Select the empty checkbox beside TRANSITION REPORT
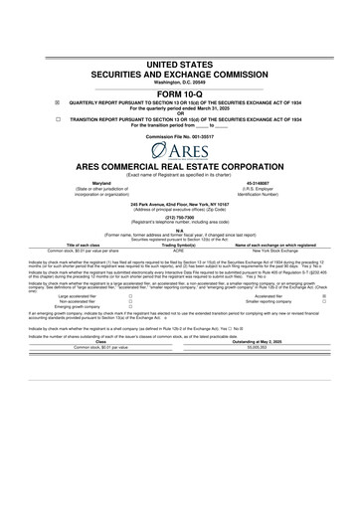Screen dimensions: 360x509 tap(30, 117)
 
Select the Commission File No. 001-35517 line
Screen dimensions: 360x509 tap(179, 135)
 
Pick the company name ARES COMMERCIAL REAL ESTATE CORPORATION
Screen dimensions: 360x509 tap(179, 170)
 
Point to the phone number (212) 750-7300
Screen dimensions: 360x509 tap(179, 229)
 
